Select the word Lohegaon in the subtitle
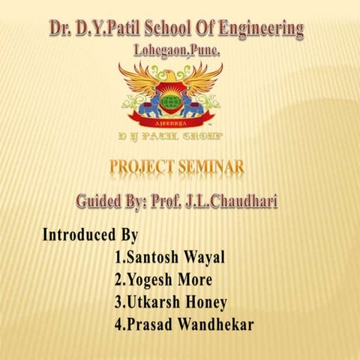pos(157,51)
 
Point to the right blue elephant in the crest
pos(193,104)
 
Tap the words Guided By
pos(115,202)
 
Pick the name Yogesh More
pos(163,280)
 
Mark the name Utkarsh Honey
pos(170,303)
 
